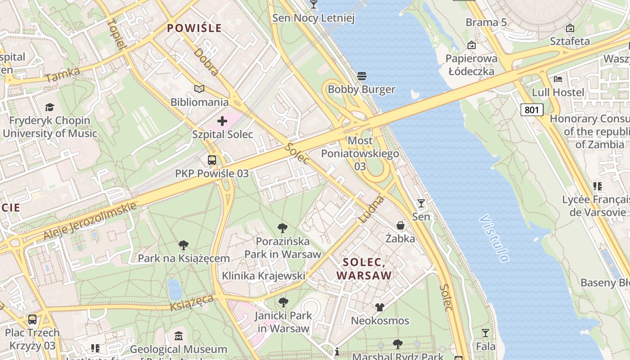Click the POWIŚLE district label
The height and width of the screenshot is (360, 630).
[194, 28]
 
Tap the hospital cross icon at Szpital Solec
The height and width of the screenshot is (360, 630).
[222, 121]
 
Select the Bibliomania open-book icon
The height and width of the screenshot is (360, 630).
[199, 89]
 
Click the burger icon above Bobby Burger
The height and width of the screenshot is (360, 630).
[362, 76]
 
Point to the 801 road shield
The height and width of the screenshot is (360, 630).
[532, 109]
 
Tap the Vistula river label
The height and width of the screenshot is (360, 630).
[495, 238]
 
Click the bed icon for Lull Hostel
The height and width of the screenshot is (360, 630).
[558, 79]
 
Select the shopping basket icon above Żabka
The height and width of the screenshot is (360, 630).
[400, 225]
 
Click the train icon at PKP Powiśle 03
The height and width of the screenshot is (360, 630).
[211, 160]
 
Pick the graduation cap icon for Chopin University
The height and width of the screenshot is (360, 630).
[49, 107]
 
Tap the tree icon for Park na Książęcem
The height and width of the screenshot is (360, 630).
[183, 245]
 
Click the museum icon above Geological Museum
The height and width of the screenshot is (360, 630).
[179, 336]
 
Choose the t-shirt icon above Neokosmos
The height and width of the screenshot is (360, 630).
[380, 307]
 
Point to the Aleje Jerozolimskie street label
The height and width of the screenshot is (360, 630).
[90, 221]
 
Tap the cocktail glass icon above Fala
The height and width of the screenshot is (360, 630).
[485, 333]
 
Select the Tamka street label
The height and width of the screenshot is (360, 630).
[63, 75]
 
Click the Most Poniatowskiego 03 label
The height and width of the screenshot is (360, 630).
[360, 153]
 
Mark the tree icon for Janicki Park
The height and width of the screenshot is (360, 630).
[283, 302]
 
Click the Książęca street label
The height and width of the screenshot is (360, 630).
[192, 303]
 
